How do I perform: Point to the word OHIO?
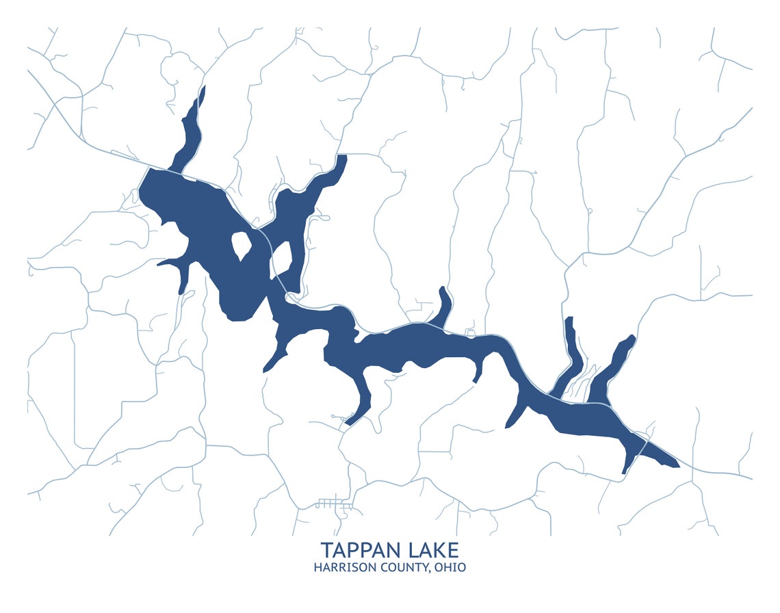click(452, 568)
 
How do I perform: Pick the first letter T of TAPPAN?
click(327, 550)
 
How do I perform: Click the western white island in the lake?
click(239, 246)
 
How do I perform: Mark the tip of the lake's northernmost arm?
click(203, 89)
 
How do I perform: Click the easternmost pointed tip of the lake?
click(677, 466)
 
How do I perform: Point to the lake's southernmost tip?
click(624, 472)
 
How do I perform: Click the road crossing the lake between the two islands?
click(263, 239)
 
